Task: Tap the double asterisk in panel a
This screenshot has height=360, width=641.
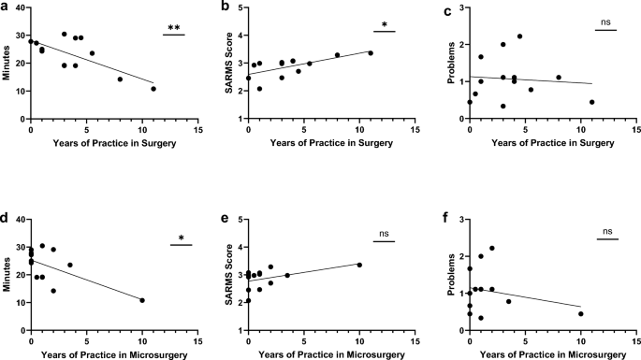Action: [173, 28]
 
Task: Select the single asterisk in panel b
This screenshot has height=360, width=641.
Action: [384, 25]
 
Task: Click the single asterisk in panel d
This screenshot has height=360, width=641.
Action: [181, 238]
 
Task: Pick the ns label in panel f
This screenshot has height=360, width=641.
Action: [606, 232]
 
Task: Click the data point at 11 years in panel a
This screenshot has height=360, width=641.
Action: [153, 89]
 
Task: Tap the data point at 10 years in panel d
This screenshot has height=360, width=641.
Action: [142, 300]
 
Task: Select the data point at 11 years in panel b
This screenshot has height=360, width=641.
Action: [371, 53]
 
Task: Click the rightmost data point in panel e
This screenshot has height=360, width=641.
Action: [359, 265]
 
